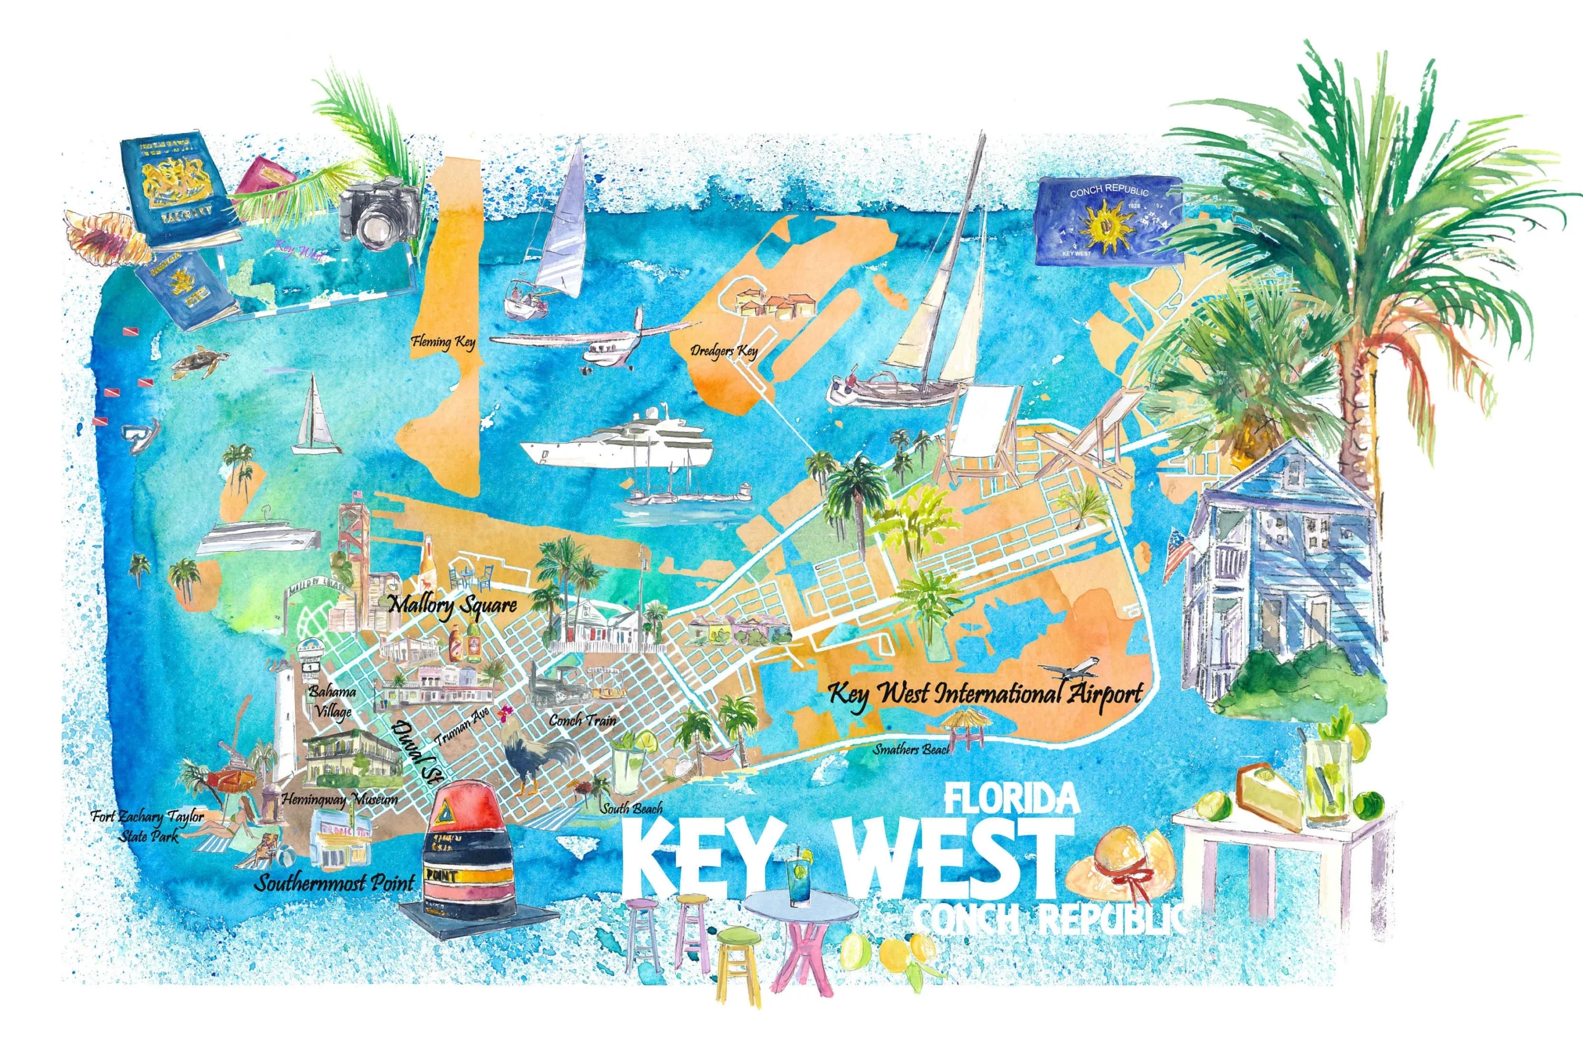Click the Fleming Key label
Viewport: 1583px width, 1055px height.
click(443, 342)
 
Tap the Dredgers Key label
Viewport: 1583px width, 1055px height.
click(723, 350)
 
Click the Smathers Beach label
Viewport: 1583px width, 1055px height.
click(911, 749)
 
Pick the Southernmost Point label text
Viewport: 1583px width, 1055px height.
click(334, 882)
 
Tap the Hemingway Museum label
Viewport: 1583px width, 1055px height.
click(339, 799)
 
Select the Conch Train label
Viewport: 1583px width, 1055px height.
click(582, 720)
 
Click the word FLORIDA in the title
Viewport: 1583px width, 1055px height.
click(1012, 799)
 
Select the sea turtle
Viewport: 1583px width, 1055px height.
click(195, 362)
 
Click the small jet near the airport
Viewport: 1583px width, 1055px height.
click(1070, 669)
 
